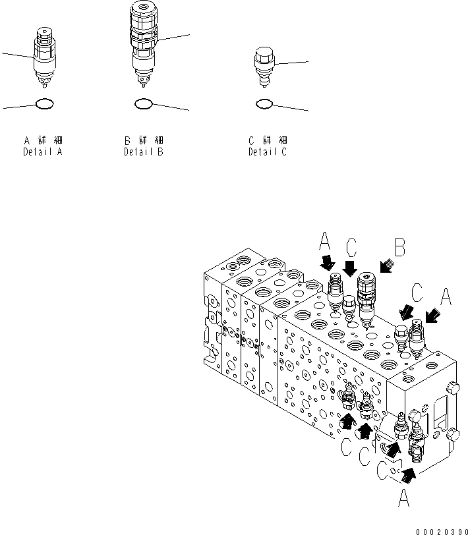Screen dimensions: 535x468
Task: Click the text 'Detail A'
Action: pyautogui.click(x=43, y=152)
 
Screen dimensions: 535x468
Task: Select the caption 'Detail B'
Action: pyautogui.click(x=144, y=152)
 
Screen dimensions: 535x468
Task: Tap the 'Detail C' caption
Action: pyautogui.click(x=267, y=152)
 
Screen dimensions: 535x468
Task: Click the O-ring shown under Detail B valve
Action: pyautogui.click(x=144, y=103)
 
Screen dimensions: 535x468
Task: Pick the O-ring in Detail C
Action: pyautogui.click(x=264, y=103)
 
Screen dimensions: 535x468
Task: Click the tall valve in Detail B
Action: pyautogui.click(x=144, y=43)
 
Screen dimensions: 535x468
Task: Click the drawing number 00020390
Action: pyautogui.click(x=441, y=529)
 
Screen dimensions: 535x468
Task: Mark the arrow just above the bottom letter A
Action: pyautogui.click(x=409, y=472)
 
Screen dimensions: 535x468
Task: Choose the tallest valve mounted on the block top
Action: pyautogui.click(x=367, y=296)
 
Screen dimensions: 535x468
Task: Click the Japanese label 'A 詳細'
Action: pyautogui.click(x=43, y=140)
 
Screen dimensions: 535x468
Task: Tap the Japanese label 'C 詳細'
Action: pyautogui.click(x=267, y=140)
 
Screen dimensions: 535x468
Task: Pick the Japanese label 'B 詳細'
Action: pyautogui.click(x=144, y=140)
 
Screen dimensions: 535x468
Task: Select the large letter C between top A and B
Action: pyautogui.click(x=351, y=248)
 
